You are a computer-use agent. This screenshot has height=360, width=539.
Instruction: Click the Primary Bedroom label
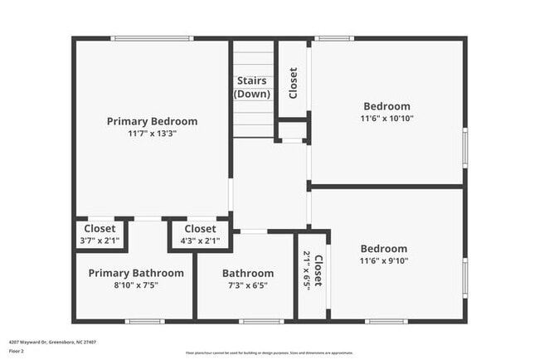[x=152, y=121]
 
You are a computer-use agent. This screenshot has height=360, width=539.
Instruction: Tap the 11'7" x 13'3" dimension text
[x=152, y=133]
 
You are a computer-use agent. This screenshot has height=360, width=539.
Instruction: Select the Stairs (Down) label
[x=252, y=87]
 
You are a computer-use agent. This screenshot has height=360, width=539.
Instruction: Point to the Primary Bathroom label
[x=136, y=273]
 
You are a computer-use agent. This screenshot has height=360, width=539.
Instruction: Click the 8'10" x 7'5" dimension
[x=136, y=285]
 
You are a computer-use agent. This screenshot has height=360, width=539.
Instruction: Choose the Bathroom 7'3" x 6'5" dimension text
[x=247, y=285]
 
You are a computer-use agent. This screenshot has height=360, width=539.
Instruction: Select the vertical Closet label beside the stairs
[x=293, y=83]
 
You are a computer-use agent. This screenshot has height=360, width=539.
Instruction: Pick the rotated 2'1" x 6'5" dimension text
[x=307, y=270]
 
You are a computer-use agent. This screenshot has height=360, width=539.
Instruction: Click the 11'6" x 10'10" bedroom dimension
[x=386, y=118]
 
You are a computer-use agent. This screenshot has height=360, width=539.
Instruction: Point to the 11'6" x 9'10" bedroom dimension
[x=383, y=260]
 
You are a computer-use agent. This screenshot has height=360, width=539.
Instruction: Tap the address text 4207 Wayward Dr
[x=41, y=340]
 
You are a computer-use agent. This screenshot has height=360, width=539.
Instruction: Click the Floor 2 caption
[x=17, y=351]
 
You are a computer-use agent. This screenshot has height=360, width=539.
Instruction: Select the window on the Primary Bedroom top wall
[x=153, y=38]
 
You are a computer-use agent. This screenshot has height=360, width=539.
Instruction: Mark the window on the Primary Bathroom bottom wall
[x=144, y=321]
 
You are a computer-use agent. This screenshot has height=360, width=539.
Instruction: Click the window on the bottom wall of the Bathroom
[x=261, y=321]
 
